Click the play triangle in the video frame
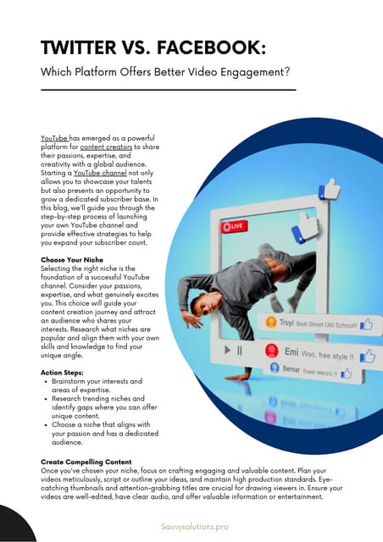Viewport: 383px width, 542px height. click(x=227, y=349)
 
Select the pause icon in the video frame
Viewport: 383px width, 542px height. click(x=240, y=349)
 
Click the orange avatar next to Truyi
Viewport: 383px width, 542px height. click(x=271, y=323)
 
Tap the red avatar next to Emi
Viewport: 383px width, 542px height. click(x=271, y=350)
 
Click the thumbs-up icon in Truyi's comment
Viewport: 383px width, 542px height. click(x=366, y=324)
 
